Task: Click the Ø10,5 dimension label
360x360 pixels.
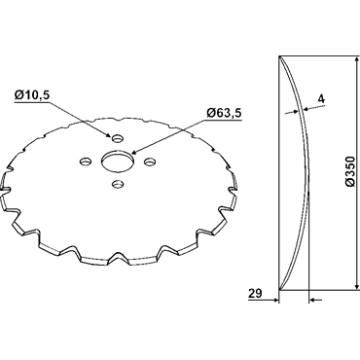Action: pyautogui.click(x=32, y=95)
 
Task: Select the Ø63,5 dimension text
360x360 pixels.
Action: pyautogui.click(x=224, y=113)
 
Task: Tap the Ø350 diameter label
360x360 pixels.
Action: pyautogui.click(x=350, y=171)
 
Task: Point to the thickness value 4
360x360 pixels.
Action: pyautogui.click(x=321, y=99)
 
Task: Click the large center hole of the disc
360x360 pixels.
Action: pyautogui.click(x=118, y=160)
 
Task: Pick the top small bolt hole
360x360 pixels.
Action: pyautogui.click(x=118, y=138)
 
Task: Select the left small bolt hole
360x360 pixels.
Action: pyautogui.click(x=86, y=161)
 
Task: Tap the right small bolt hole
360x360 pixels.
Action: pyautogui.click(x=150, y=161)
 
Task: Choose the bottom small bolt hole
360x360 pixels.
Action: pyautogui.click(x=118, y=184)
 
